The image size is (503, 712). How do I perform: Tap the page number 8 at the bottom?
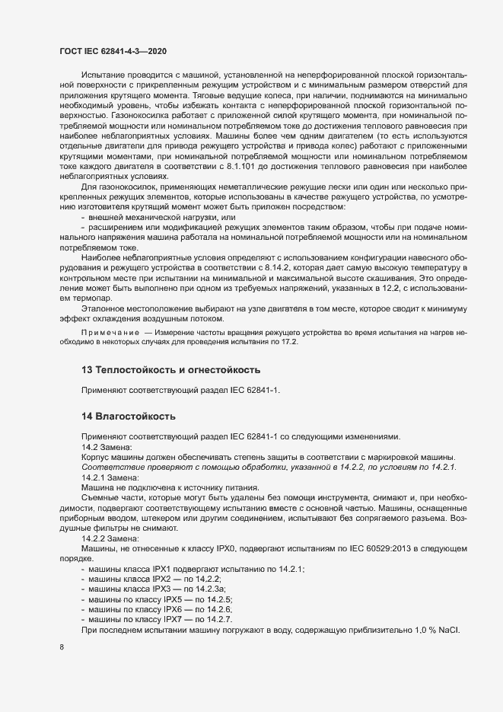[60, 647]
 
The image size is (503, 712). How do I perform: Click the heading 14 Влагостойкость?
[129, 417]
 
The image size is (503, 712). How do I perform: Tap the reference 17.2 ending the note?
[288, 342]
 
